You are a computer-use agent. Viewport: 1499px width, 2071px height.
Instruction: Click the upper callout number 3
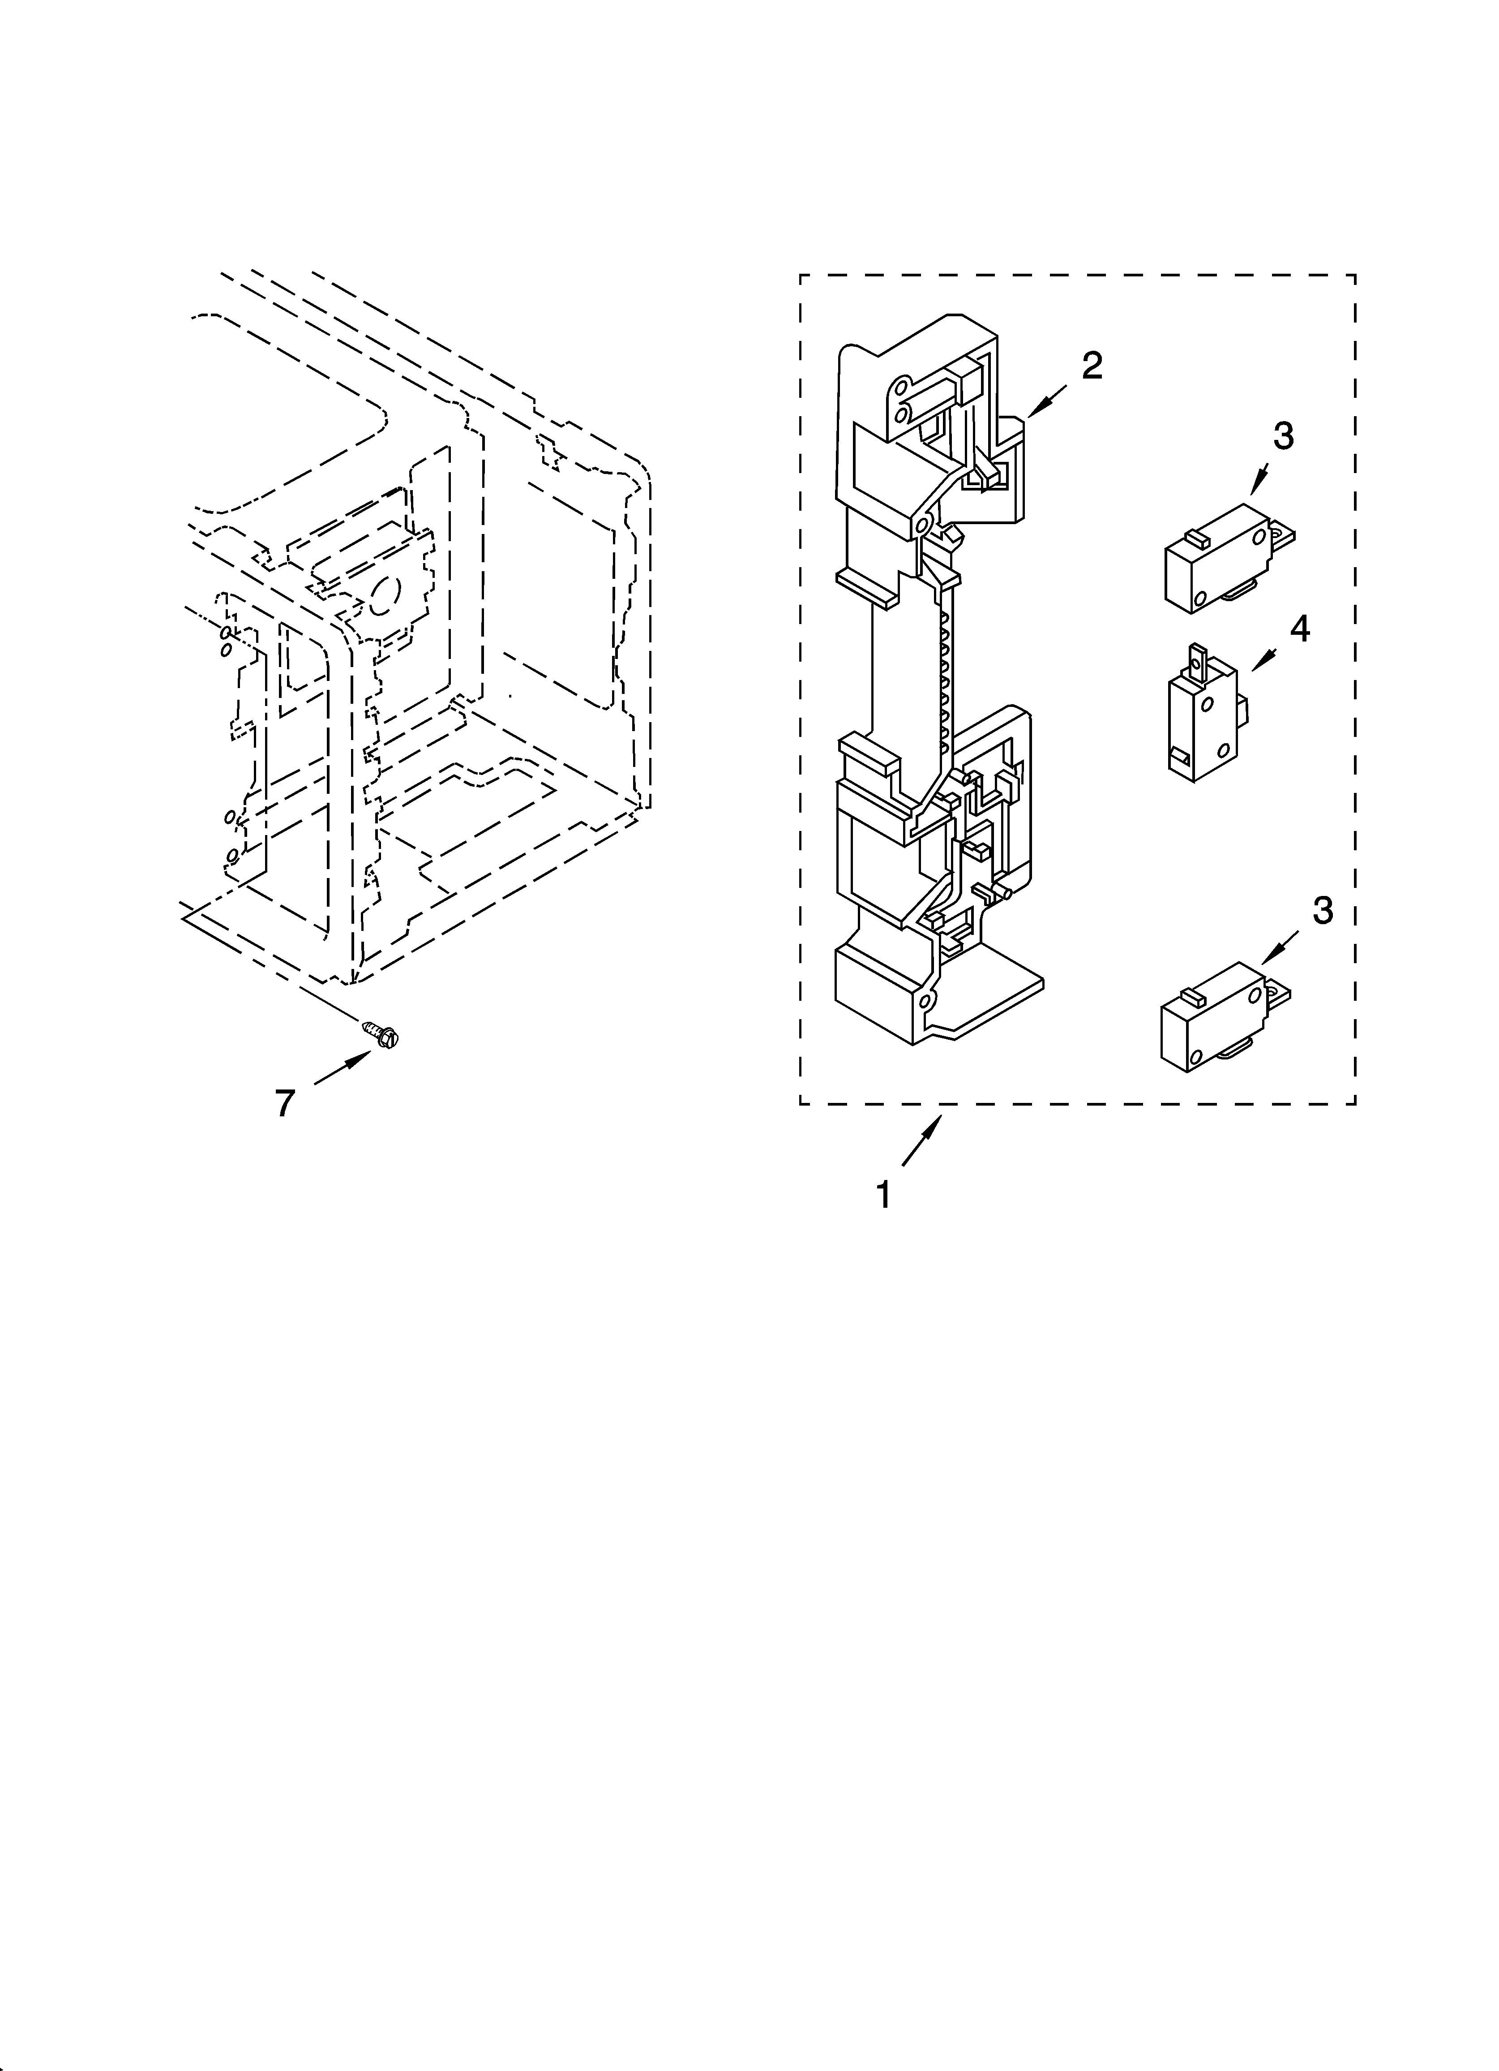[x=1283, y=436]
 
